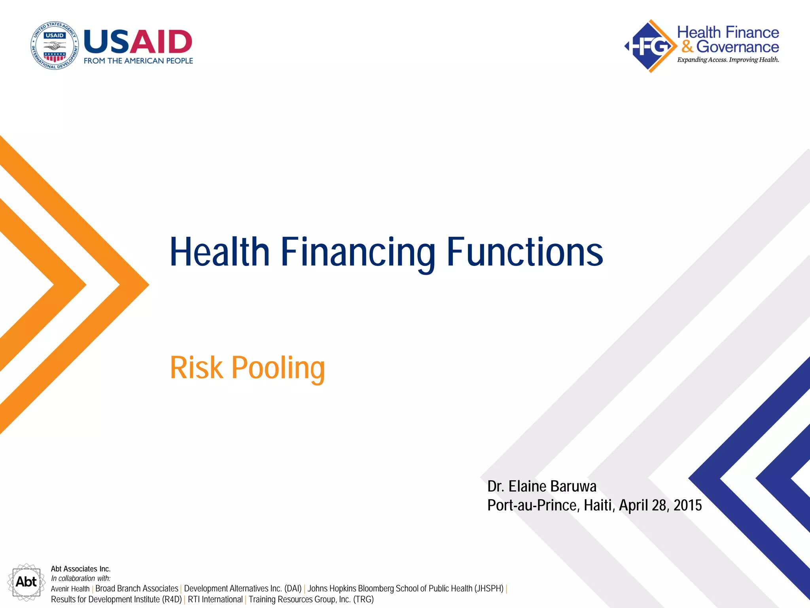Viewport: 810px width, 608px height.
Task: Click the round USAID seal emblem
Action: [x=55, y=46]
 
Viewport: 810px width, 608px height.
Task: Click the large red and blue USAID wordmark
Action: [x=138, y=42]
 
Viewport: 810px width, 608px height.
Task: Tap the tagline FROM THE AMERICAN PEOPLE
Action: [x=138, y=61]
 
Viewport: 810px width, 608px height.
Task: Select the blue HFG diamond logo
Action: [x=650, y=46]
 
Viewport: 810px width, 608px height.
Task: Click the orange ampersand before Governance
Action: [x=687, y=47]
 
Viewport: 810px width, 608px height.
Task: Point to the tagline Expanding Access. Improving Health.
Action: [x=728, y=60]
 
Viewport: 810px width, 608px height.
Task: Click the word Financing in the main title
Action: [x=358, y=252]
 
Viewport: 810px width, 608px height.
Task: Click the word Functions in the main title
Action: [x=524, y=252]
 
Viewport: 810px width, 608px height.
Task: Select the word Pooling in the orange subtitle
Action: [x=278, y=368]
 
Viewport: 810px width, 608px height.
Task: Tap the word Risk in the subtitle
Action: [x=196, y=368]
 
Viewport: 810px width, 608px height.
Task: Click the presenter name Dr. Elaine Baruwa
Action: [x=541, y=486]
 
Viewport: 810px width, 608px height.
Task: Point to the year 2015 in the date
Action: [x=687, y=505]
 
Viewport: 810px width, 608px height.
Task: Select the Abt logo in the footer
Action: [x=26, y=582]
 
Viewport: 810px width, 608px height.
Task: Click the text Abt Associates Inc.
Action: [x=81, y=569]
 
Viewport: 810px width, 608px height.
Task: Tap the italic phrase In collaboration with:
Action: [x=81, y=578]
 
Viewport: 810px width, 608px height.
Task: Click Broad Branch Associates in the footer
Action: [x=137, y=589]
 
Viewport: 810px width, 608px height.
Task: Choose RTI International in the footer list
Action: [x=215, y=599]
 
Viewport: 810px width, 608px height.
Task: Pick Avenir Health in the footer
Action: [x=70, y=589]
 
